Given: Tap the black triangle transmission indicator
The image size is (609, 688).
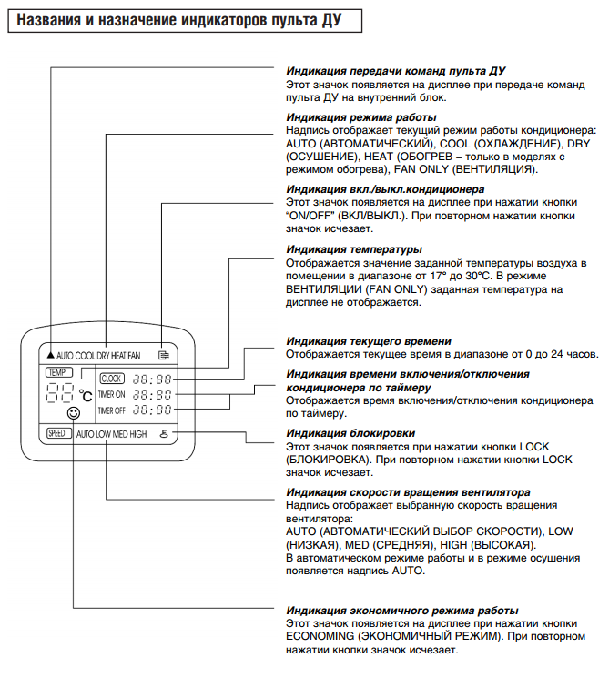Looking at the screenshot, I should coord(49,353).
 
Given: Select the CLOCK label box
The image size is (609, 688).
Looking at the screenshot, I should coord(111,379).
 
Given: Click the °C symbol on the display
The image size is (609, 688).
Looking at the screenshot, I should coord(86,396).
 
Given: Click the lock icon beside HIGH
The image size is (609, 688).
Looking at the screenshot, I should coord(163,434).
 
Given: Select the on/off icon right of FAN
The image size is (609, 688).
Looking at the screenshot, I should coord(163,353).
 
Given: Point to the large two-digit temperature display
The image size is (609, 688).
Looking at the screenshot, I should coord(59,394).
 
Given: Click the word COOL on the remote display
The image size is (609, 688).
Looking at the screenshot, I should coord(86,354).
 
